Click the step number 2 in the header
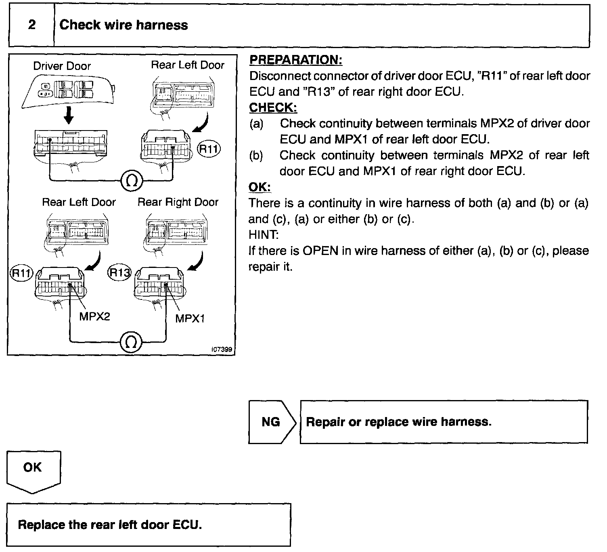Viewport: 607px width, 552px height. tap(32, 25)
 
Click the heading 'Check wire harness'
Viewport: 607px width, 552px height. tap(123, 25)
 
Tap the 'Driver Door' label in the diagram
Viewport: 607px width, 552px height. tap(62, 66)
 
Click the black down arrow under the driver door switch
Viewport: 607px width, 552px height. tap(69, 116)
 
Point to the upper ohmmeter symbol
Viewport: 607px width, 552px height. tap(132, 181)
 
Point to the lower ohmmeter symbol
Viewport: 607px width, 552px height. tap(131, 342)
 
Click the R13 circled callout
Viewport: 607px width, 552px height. tap(119, 273)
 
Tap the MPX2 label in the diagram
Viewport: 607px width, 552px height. tap(94, 316)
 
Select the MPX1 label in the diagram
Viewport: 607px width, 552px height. tap(190, 318)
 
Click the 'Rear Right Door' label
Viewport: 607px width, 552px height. tap(178, 202)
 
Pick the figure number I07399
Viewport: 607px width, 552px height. tap(222, 350)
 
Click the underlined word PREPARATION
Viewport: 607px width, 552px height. tap(296, 60)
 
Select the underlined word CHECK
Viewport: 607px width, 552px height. tap(273, 107)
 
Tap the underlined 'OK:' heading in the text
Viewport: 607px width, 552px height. tap(260, 187)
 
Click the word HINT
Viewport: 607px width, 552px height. tap(263, 235)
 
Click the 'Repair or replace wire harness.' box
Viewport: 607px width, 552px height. tap(444, 422)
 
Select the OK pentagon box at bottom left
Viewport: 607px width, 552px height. tap(33, 471)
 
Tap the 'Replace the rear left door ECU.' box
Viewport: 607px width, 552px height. tap(149, 525)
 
